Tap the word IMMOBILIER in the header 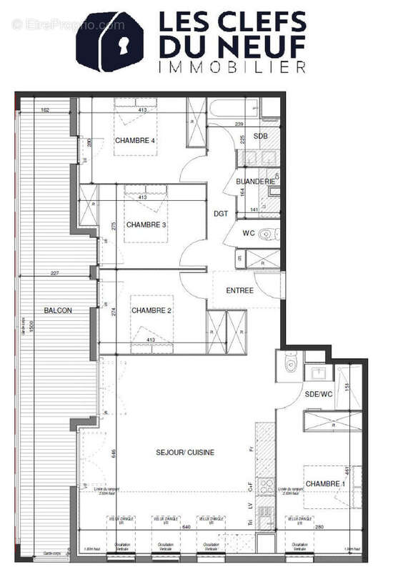coord(232,66)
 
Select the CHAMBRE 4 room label coord(135,141)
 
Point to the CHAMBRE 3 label coord(146,225)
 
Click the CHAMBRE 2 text coord(151,310)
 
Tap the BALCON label coord(57,311)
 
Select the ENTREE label coord(239,290)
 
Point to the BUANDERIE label coord(256,182)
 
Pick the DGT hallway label coord(220,213)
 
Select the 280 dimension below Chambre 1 coord(319,528)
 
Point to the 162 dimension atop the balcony coord(44,110)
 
